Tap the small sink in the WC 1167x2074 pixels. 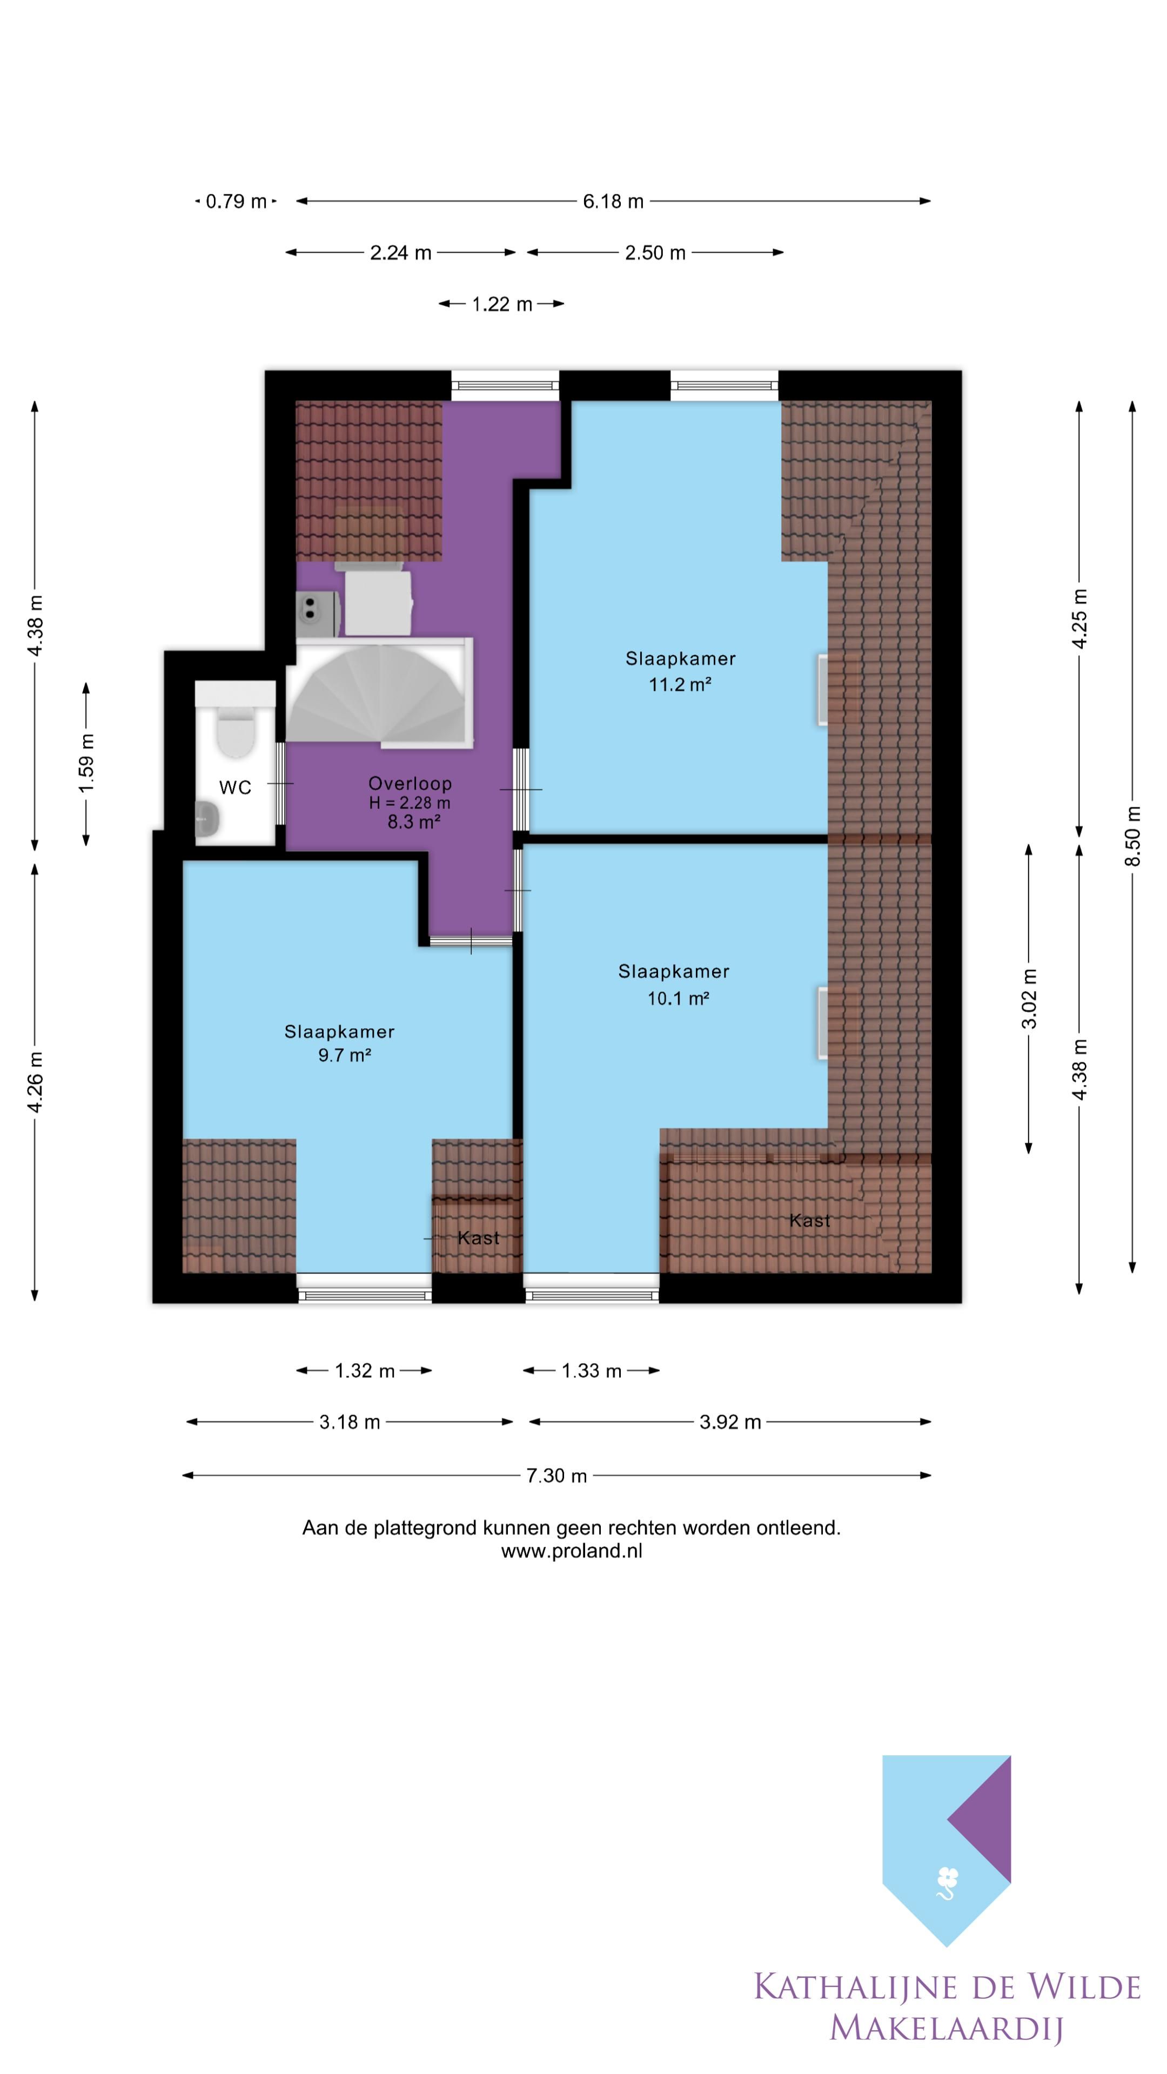pos(208,819)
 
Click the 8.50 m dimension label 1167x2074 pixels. pos(1132,836)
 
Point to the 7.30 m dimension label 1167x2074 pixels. pos(556,1475)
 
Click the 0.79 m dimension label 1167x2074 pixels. pos(236,201)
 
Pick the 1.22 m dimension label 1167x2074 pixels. pos(502,304)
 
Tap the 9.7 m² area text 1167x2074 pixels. pos(344,1055)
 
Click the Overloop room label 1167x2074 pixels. pos(410,783)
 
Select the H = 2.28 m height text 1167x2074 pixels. pos(410,803)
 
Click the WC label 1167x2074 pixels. pos(235,787)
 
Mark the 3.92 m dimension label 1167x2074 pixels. pos(730,1422)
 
